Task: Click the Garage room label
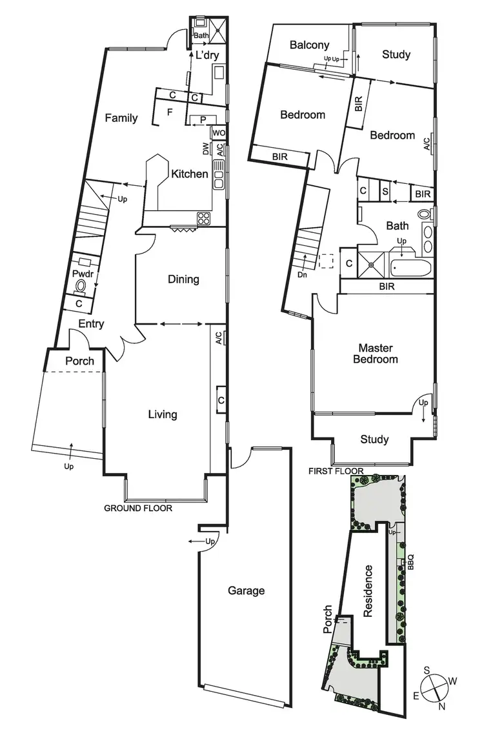click(246, 590)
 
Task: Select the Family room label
click(122, 117)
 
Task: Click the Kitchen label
click(189, 174)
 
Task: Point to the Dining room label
click(183, 279)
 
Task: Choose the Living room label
click(162, 414)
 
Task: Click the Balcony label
click(309, 45)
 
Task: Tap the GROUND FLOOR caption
click(138, 508)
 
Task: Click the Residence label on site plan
click(368, 591)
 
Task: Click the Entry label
click(92, 324)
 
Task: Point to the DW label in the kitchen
click(206, 150)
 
